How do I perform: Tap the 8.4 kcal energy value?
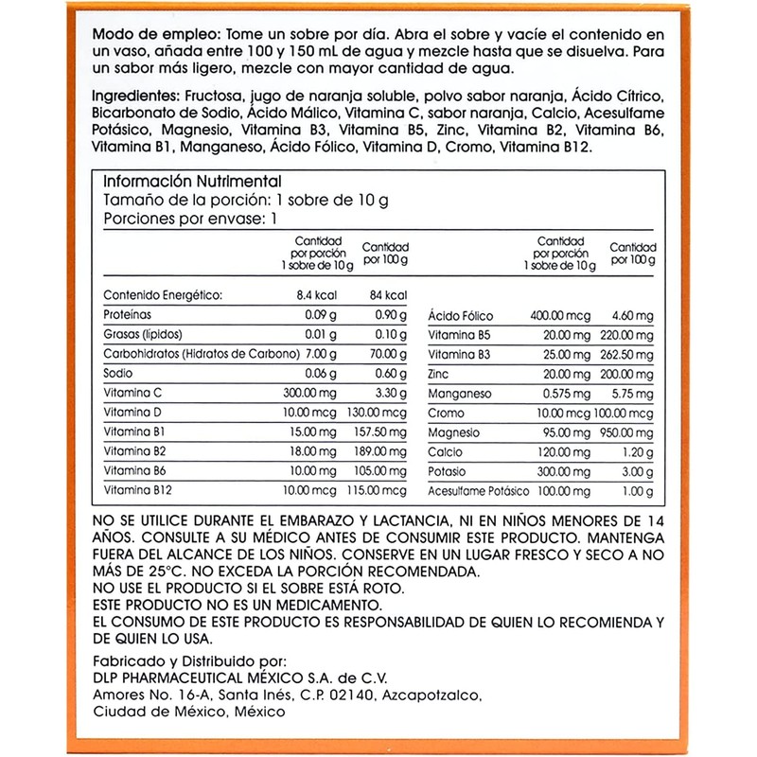(x=319, y=295)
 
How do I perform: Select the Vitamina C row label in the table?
(x=135, y=393)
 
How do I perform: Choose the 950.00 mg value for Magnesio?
(x=627, y=431)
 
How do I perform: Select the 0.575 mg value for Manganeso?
(x=567, y=393)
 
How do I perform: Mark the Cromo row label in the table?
(x=447, y=413)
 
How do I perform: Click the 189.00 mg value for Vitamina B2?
(x=384, y=450)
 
